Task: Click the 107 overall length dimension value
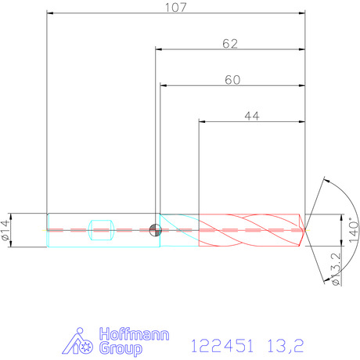(176, 7)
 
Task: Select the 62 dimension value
(230, 44)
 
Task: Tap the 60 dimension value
(232, 80)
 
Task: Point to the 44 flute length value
(252, 116)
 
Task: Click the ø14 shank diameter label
(5, 230)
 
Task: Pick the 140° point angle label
(354, 230)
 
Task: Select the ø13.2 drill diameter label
(337, 269)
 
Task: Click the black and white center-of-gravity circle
(155, 230)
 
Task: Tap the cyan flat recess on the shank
(101, 230)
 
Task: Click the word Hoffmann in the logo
(134, 334)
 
